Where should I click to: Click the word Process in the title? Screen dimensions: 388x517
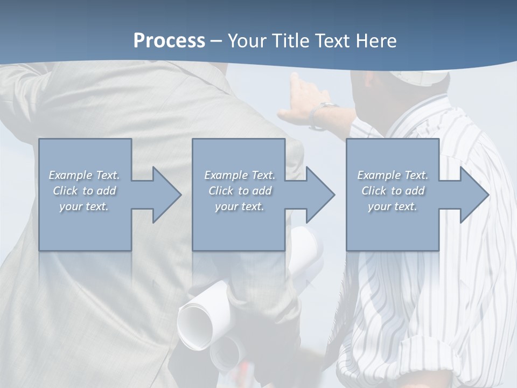[x=169, y=41]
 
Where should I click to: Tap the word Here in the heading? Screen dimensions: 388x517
[x=376, y=41]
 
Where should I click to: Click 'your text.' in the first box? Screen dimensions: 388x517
[x=84, y=206]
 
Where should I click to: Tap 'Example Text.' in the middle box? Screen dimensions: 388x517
[x=239, y=175]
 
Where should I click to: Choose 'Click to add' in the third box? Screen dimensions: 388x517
[x=393, y=191]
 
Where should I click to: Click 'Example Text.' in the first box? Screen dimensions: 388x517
[x=84, y=175]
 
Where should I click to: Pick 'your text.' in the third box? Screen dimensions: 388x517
[x=393, y=206]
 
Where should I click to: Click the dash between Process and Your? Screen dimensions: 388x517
[x=216, y=41]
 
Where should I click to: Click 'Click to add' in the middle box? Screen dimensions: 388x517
[x=239, y=191]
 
